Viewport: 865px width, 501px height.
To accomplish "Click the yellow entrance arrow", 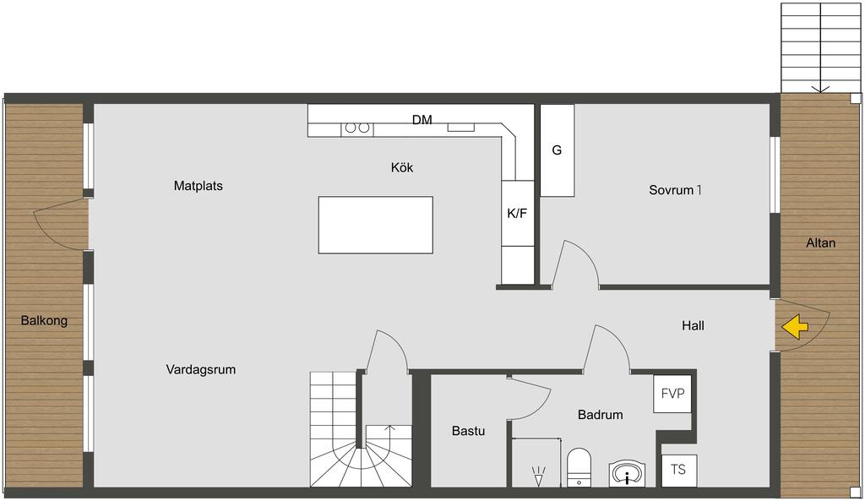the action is tap(795, 327).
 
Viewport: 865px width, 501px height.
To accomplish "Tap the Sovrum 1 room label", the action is tap(675, 190).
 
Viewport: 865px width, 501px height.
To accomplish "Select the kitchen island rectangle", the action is tap(376, 225).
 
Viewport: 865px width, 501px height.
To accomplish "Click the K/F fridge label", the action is tap(517, 213).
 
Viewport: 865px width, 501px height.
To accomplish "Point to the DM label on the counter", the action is tap(422, 120).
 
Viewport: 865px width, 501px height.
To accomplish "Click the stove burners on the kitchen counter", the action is tap(357, 128).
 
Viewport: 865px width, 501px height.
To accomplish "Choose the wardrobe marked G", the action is tap(558, 150).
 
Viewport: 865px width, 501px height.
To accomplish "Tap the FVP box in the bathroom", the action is tap(672, 394).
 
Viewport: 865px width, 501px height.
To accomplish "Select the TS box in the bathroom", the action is tap(678, 470).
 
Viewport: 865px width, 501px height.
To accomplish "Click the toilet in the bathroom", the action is tap(579, 467).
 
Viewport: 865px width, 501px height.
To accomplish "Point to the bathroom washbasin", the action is tap(628, 474).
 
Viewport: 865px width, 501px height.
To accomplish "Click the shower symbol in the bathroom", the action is tap(538, 476).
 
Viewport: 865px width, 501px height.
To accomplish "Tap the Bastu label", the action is tap(468, 431).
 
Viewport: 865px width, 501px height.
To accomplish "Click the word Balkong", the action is tap(44, 320).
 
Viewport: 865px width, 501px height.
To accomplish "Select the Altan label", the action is tap(821, 242).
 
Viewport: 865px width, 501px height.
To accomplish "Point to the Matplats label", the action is tap(198, 186).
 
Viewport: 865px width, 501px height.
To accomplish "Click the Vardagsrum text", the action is tap(201, 370).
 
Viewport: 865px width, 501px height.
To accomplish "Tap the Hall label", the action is tap(693, 326).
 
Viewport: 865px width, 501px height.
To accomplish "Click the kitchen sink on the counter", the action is tap(460, 127).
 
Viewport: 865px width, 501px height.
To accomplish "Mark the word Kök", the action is tap(402, 167).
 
